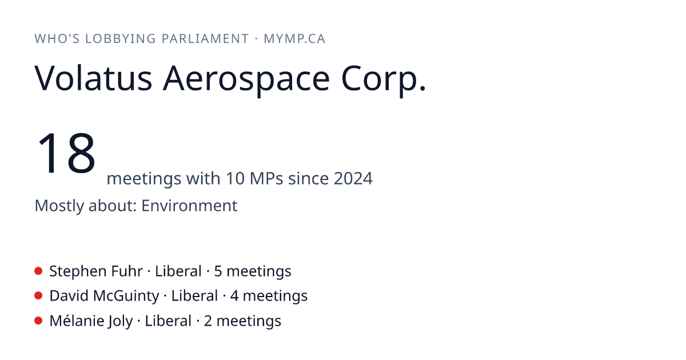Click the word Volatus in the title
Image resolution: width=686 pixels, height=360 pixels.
[93, 78]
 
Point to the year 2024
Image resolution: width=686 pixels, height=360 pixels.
[353, 178]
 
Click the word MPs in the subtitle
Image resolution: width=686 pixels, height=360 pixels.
[266, 178]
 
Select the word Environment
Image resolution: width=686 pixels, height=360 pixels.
[189, 205]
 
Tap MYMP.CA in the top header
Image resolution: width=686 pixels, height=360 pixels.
[294, 39]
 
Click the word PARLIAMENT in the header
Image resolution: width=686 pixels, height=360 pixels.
[205, 39]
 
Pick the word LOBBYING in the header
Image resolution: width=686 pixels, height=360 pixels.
[121, 39]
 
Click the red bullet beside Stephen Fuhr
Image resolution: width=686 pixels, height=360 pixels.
[38, 271]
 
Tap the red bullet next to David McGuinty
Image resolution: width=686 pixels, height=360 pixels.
[38, 296]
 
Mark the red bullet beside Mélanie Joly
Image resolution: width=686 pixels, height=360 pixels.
[38, 321]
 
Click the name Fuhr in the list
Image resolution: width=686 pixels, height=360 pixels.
[127, 271]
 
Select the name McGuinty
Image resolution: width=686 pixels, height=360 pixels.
[126, 296]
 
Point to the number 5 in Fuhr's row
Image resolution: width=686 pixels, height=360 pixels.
[218, 271]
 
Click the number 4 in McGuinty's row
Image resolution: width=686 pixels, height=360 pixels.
[234, 296]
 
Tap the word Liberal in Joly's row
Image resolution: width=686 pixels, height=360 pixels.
[168, 321]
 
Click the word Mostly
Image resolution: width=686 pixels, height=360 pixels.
[59, 206]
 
